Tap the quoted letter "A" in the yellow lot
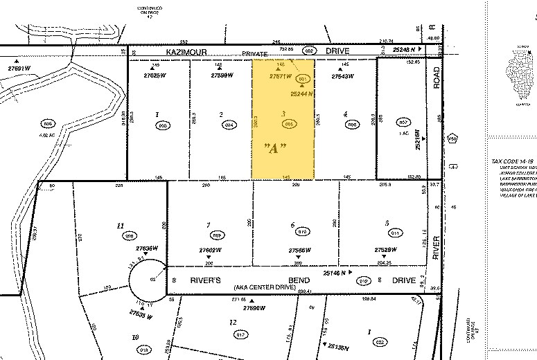tap(275, 149)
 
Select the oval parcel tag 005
tap(290, 125)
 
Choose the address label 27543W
tap(341, 76)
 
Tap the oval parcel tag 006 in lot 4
tap(352, 125)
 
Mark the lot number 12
tap(233, 323)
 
